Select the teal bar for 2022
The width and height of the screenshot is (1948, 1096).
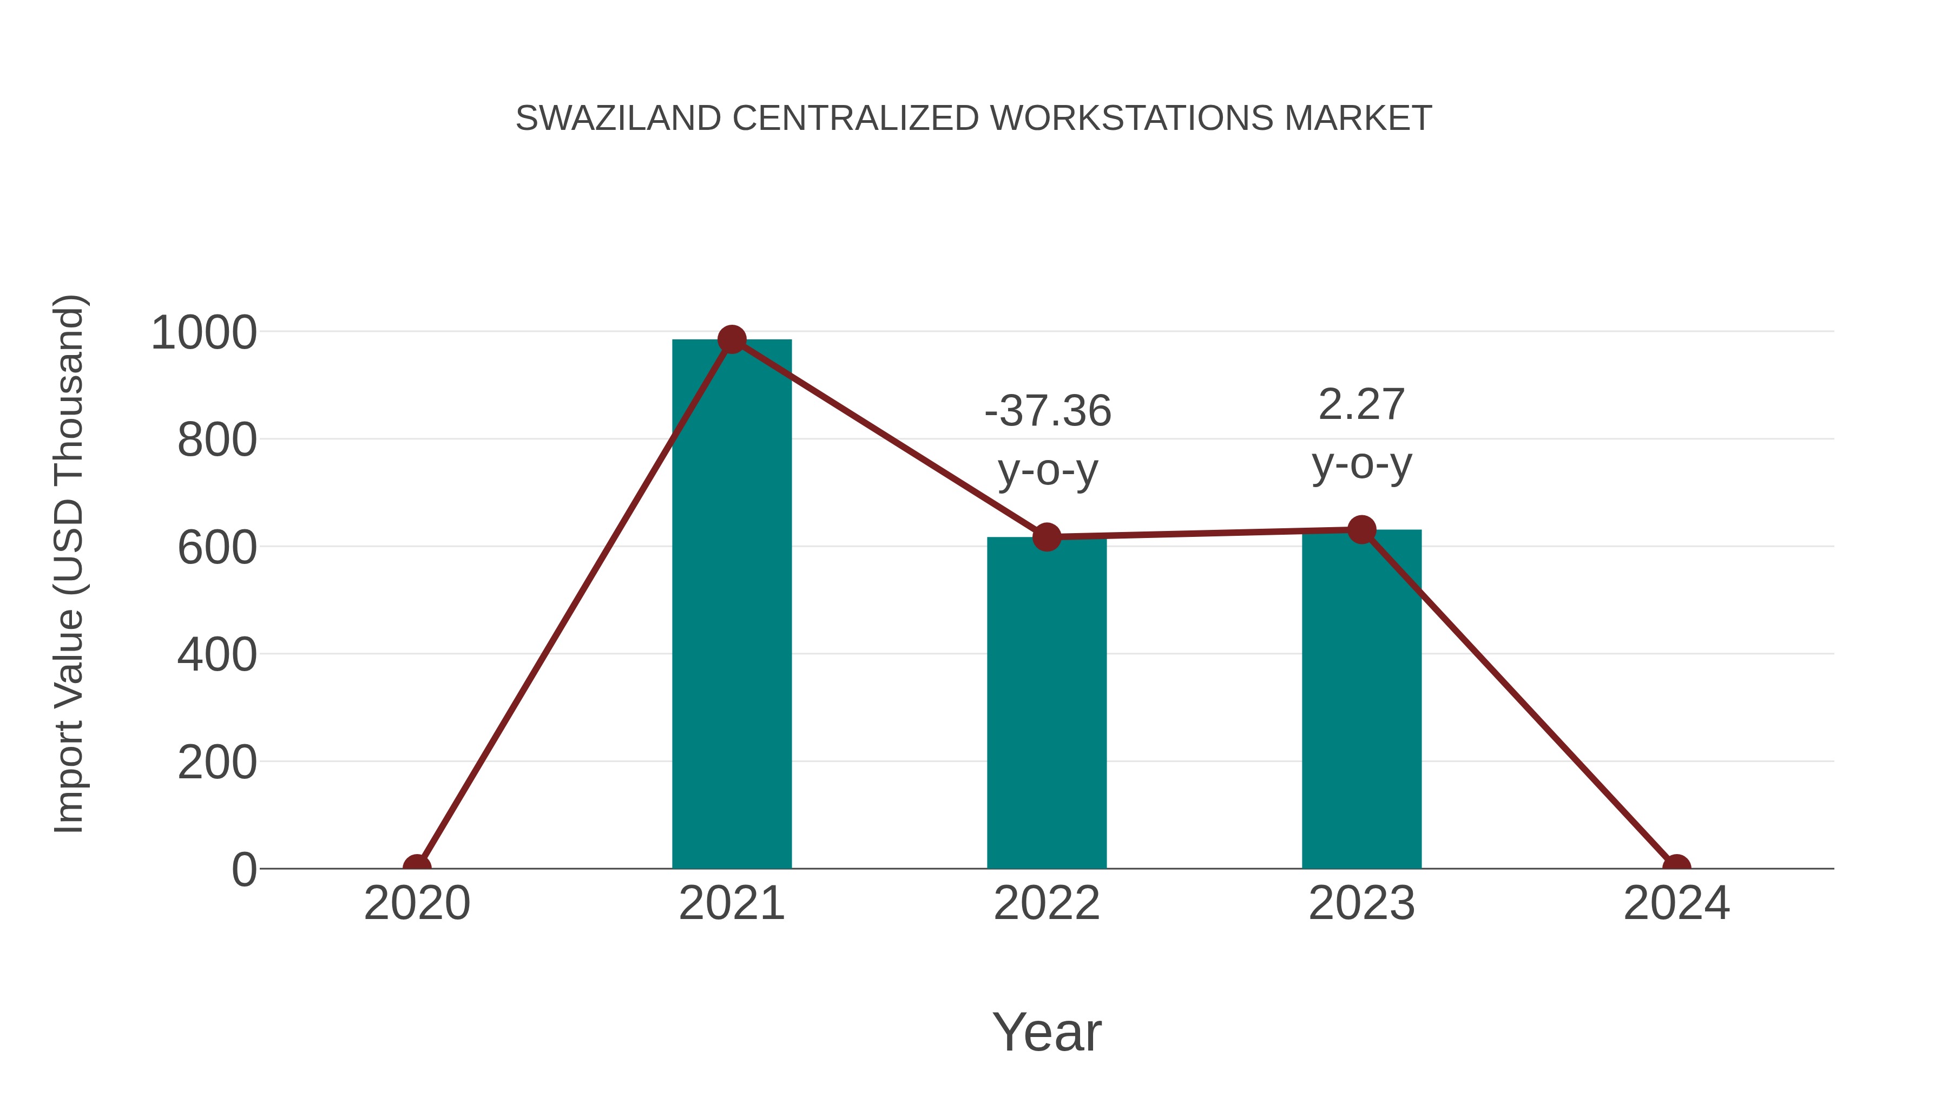pyautogui.click(x=1047, y=704)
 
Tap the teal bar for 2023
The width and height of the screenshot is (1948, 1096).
pyautogui.click(x=1361, y=700)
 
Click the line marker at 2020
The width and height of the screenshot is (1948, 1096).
pyautogui.click(x=417, y=867)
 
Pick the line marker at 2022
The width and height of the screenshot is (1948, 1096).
pyautogui.click(x=1047, y=536)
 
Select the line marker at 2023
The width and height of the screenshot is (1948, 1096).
pyautogui.click(x=1361, y=529)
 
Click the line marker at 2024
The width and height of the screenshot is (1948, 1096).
pyautogui.click(x=1676, y=867)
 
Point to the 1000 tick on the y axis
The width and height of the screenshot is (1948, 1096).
pyautogui.click(x=203, y=333)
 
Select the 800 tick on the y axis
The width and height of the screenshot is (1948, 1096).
pyautogui.click(x=216, y=440)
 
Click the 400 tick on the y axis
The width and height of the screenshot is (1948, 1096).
pyautogui.click(x=216, y=655)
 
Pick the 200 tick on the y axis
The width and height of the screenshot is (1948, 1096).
pyautogui.click(x=216, y=763)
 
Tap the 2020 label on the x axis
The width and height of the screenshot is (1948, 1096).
pyautogui.click(x=417, y=903)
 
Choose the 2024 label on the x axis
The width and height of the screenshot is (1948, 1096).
pyautogui.click(x=1676, y=903)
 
